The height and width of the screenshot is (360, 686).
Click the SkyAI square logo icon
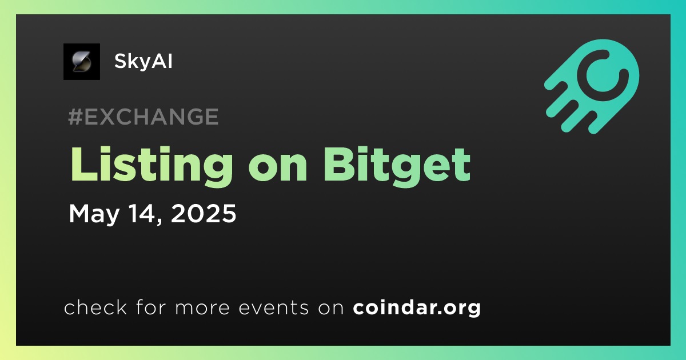[x=81, y=62]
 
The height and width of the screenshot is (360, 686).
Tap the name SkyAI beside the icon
[x=143, y=61]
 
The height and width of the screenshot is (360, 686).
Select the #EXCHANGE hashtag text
[x=143, y=117]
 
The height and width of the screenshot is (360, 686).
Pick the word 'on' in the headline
[x=278, y=169]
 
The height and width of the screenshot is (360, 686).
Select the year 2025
[x=204, y=213]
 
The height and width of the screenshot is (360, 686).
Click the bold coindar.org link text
[x=417, y=308]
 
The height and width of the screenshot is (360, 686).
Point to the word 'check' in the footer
[x=95, y=307]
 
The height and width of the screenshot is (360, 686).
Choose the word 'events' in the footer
[x=273, y=307]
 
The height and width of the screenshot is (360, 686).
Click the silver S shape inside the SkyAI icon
[x=81, y=62]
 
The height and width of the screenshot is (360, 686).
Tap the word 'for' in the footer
[x=151, y=307]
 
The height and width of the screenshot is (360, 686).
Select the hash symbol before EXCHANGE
[x=75, y=117]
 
